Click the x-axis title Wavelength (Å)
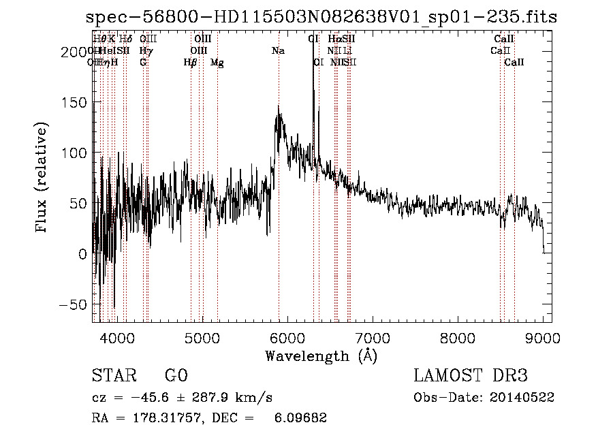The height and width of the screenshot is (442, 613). coord(321,356)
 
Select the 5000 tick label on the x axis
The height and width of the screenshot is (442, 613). coord(202,337)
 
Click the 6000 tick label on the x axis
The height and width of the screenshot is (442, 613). coord(287,337)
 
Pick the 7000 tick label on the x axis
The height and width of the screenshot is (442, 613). coord(373,337)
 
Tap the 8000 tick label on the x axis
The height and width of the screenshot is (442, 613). coord(458,337)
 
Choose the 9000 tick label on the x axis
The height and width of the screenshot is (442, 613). coord(543,337)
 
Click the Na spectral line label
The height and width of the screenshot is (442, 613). coord(278,51)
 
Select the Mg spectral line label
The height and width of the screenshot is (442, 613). coord(217,63)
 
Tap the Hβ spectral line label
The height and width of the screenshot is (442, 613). coord(191,63)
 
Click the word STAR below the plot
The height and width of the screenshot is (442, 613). coord(114,376)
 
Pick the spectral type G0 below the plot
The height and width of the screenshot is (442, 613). coord(176,376)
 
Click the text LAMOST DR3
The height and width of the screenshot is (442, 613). coord(471,376)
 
